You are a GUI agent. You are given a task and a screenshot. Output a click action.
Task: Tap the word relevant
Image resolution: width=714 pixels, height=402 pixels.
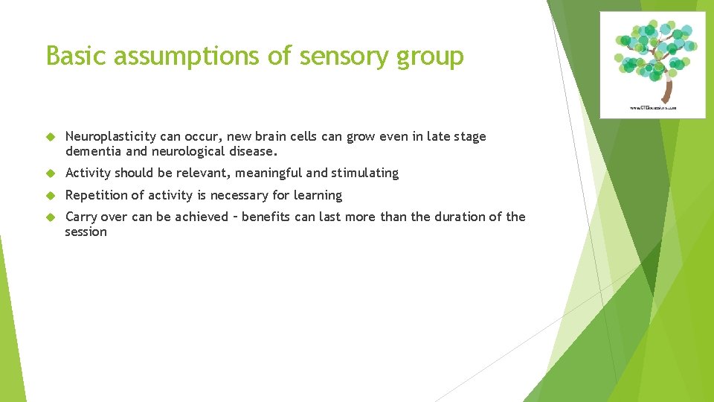pos(203,173)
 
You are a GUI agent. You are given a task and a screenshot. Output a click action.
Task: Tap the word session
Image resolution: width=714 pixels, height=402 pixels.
pos(86,232)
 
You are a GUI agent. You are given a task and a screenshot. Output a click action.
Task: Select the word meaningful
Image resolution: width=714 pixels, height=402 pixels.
pos(267,173)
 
